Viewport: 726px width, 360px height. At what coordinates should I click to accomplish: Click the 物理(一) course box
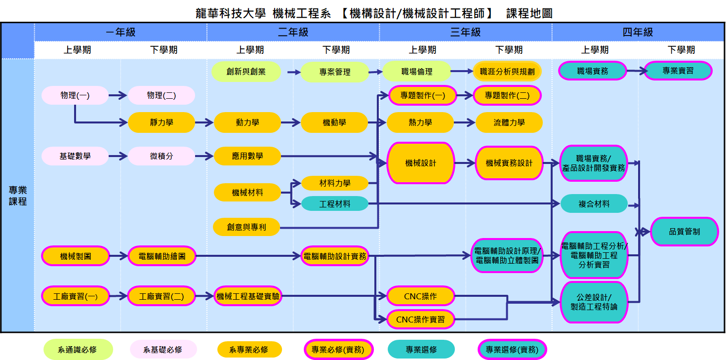[x=75, y=95]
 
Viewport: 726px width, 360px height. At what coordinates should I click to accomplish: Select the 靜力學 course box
[x=161, y=122]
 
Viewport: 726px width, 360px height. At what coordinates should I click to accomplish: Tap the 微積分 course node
[x=161, y=156]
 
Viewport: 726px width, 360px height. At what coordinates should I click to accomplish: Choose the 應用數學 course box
[x=247, y=156]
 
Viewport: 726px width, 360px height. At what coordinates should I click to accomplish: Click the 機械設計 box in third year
[x=421, y=163]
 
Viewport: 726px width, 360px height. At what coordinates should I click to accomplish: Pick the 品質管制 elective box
[x=684, y=231]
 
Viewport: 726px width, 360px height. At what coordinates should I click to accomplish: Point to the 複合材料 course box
[x=594, y=203]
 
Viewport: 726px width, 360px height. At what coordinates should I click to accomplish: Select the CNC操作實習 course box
[x=420, y=320]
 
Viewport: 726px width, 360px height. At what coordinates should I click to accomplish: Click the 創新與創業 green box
[x=246, y=72]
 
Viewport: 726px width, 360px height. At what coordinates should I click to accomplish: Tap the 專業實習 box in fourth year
[x=678, y=71]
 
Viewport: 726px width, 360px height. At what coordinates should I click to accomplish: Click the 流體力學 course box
[x=509, y=122]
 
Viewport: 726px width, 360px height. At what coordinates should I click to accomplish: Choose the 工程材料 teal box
[x=335, y=203]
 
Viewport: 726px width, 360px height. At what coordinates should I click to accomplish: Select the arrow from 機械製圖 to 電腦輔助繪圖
[x=119, y=256]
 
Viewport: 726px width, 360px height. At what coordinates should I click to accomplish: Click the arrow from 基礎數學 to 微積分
[x=118, y=156]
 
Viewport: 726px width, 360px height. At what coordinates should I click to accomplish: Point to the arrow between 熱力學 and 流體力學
[x=464, y=122]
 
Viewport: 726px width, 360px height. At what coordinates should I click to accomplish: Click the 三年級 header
[x=465, y=33]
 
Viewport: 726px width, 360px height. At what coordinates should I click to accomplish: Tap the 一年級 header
[x=121, y=33]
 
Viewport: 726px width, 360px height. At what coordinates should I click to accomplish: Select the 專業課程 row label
[x=18, y=196]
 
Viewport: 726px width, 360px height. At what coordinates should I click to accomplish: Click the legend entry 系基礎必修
[x=163, y=350]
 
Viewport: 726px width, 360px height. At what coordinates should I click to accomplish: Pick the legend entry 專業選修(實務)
[x=512, y=350]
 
